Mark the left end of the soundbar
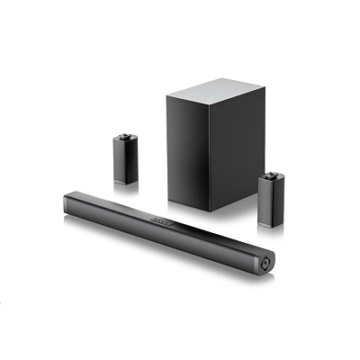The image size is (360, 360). (x=66, y=198)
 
